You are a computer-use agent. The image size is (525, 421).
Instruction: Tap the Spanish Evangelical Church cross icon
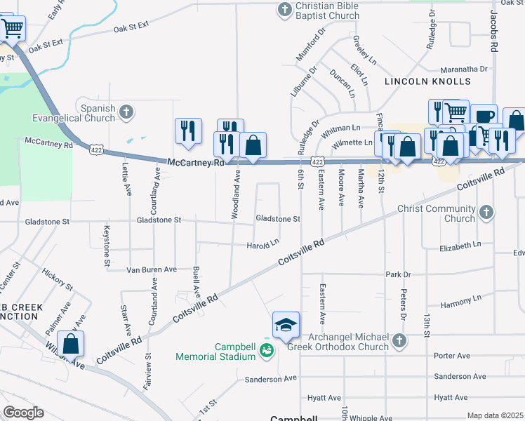tap(126, 112)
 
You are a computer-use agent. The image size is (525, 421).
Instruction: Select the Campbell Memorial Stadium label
tap(215, 352)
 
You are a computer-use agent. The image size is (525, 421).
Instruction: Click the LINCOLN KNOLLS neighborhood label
tap(427, 82)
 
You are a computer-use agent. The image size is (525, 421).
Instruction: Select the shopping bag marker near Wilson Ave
tap(70, 344)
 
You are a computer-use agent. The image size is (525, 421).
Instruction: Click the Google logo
tap(22, 413)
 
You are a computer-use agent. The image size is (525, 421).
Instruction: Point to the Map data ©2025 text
tap(495, 415)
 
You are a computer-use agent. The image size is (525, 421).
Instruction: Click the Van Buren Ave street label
tap(152, 269)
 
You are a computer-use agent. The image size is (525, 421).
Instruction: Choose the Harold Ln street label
tap(262, 246)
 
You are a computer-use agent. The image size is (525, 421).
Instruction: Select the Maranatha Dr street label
tap(464, 69)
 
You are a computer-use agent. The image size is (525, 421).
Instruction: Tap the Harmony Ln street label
tap(460, 299)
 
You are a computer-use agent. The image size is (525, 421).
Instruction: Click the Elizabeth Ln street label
tap(460, 248)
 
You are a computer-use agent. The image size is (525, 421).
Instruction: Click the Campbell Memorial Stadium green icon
tap(266, 349)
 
